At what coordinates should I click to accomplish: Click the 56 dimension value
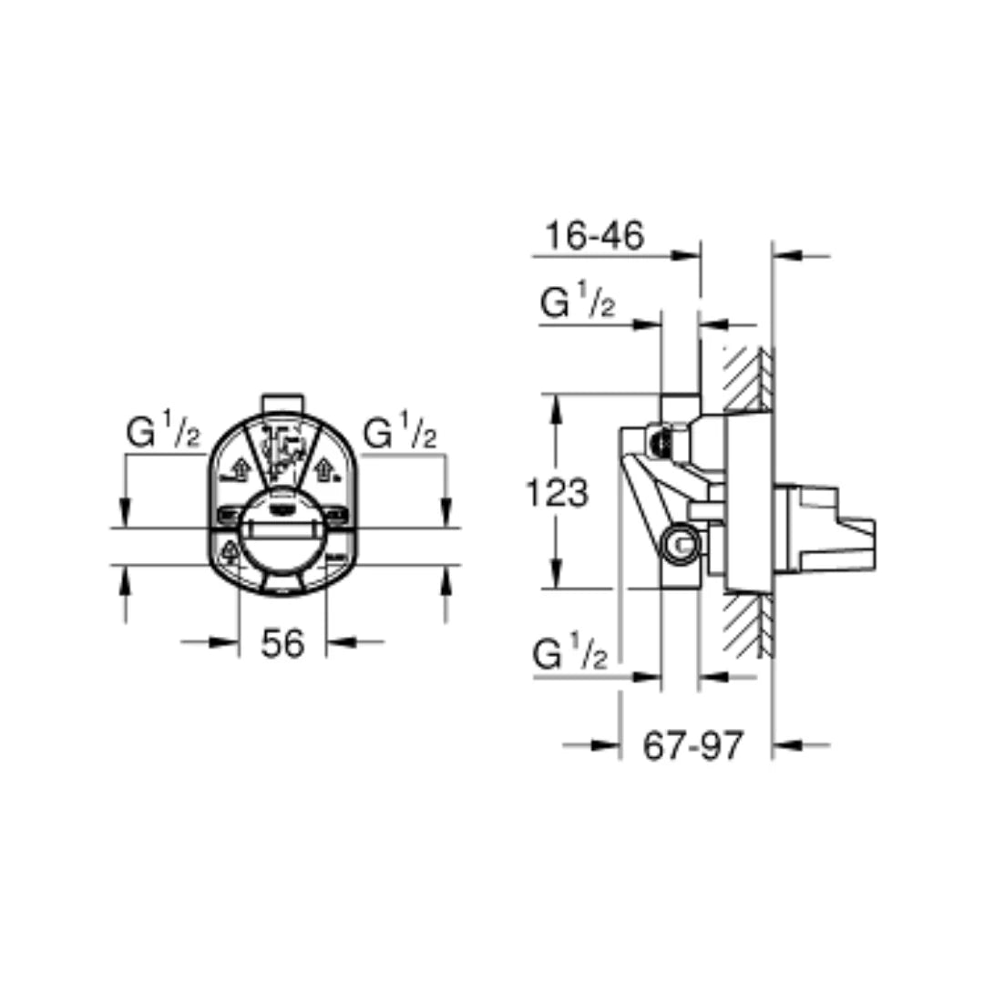point(282,644)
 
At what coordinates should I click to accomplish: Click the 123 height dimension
point(558,493)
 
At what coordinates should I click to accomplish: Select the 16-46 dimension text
point(594,235)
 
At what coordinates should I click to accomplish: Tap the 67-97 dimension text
point(693,746)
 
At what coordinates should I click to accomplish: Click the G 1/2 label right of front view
point(400,434)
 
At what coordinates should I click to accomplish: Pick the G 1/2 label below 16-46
point(578,303)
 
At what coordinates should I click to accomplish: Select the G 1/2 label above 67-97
point(570,654)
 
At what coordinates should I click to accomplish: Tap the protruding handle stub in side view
point(825,530)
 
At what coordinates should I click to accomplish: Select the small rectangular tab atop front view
point(282,404)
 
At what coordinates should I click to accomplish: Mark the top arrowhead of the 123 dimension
point(555,406)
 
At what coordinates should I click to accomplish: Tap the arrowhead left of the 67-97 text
point(606,745)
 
